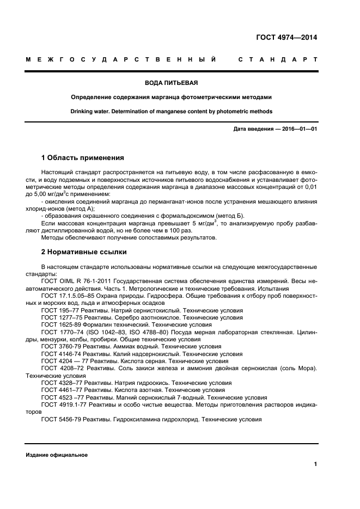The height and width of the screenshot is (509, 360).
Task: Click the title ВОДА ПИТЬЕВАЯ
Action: tap(172, 83)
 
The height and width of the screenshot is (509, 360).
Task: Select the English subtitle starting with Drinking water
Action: tap(172, 111)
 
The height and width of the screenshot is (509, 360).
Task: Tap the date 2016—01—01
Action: tap(298, 129)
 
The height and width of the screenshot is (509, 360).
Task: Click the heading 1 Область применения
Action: tap(82, 158)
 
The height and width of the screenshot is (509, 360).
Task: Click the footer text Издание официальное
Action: tap(57, 455)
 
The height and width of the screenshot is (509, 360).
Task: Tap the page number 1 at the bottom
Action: tap(315, 464)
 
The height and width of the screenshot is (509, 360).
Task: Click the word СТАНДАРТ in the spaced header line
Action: tap(278, 59)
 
